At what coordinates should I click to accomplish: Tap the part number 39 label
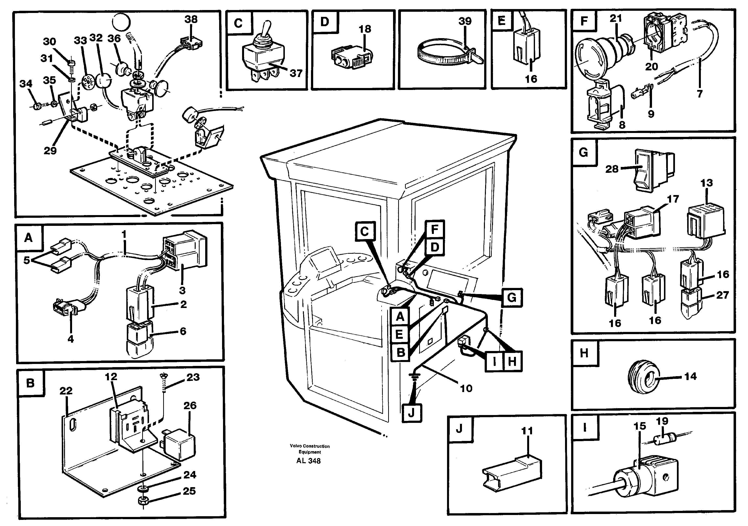pyautogui.click(x=465, y=21)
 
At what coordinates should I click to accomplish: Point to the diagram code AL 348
pyautogui.click(x=308, y=461)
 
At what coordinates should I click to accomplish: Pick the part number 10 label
pyautogui.click(x=466, y=388)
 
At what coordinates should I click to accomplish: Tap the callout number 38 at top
pyautogui.click(x=191, y=19)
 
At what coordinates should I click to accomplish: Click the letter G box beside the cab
pyautogui.click(x=512, y=297)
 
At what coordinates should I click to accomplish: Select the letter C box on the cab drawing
pyautogui.click(x=365, y=232)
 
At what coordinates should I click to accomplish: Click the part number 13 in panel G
pyautogui.click(x=706, y=183)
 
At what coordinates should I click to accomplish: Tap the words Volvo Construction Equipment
pyautogui.click(x=310, y=449)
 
